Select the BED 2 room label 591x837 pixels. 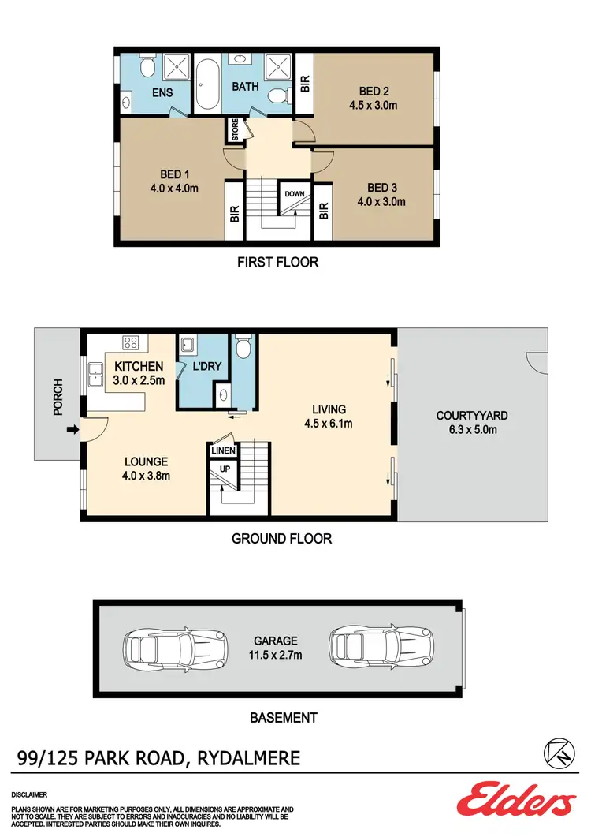[375, 91]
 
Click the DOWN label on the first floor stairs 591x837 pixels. [295, 193]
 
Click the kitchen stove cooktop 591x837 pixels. [131, 343]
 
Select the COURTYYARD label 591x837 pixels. [472, 416]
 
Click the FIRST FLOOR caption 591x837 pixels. [278, 262]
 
